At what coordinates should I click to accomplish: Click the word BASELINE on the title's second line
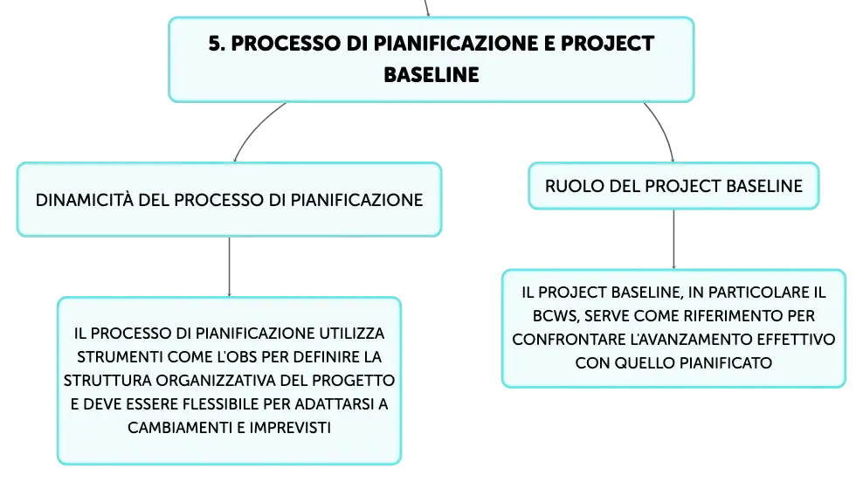coord(431,75)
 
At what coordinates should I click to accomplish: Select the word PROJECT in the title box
coord(608,44)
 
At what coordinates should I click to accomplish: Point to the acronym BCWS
coord(556,316)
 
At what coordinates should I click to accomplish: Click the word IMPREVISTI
coord(290,428)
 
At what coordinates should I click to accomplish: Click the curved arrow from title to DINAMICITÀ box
coord(254,127)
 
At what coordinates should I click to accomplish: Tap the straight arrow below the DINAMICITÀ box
coord(230,267)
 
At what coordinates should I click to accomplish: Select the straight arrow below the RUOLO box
coord(673,239)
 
